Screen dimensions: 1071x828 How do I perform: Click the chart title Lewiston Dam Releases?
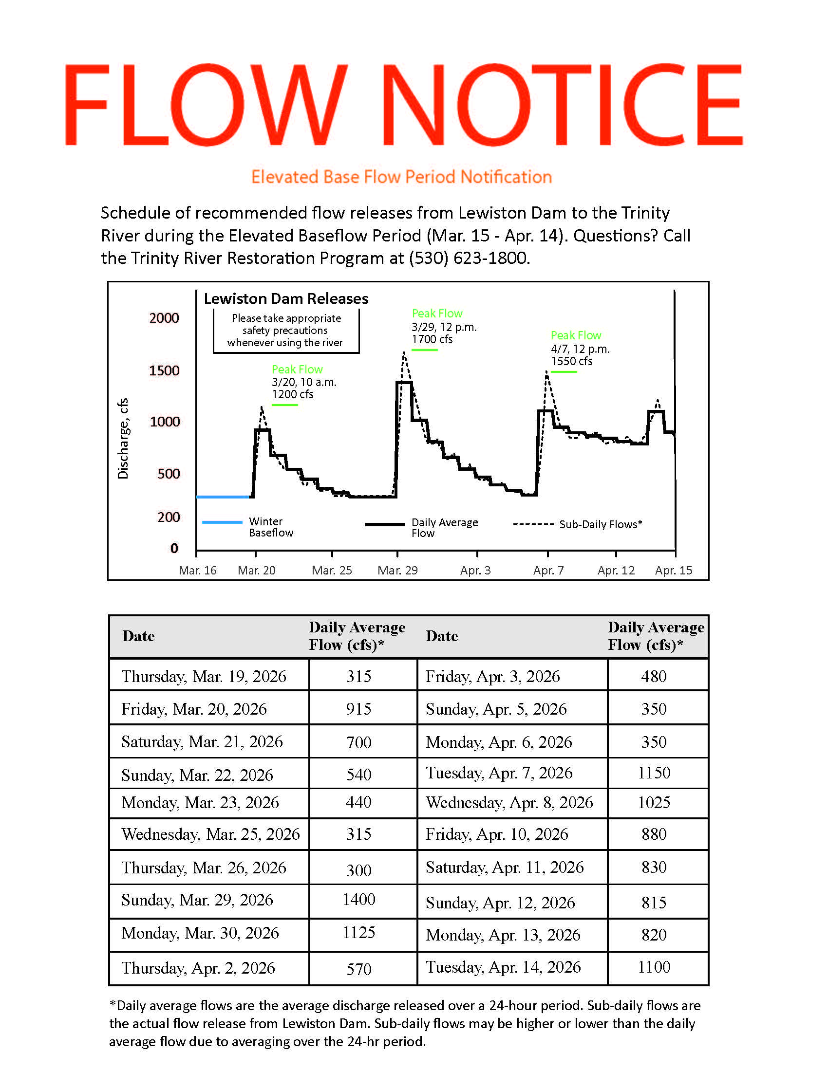[x=286, y=298]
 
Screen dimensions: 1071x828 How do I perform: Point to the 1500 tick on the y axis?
[x=164, y=370]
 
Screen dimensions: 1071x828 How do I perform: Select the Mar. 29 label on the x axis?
[x=397, y=571]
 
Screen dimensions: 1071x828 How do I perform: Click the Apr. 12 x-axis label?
[x=616, y=571]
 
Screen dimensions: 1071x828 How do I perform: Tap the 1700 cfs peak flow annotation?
[x=432, y=339]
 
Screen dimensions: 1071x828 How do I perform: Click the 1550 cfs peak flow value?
[x=571, y=361]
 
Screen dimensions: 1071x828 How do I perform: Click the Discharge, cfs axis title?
[x=123, y=438]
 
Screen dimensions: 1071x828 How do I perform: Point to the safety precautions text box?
[x=286, y=331]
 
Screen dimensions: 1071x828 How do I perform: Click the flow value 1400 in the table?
[x=359, y=899]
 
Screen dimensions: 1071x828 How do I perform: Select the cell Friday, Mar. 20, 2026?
[x=194, y=709]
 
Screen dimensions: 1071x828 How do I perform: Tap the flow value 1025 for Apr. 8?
[x=654, y=803]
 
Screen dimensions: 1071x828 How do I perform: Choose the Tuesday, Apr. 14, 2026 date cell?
[x=503, y=967]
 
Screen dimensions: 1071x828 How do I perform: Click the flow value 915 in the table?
[x=359, y=709]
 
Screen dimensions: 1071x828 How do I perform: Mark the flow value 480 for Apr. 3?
[x=654, y=677]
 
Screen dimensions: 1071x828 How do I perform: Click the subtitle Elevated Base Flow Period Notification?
[x=402, y=177]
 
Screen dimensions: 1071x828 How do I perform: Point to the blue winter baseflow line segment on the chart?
[x=223, y=497]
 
